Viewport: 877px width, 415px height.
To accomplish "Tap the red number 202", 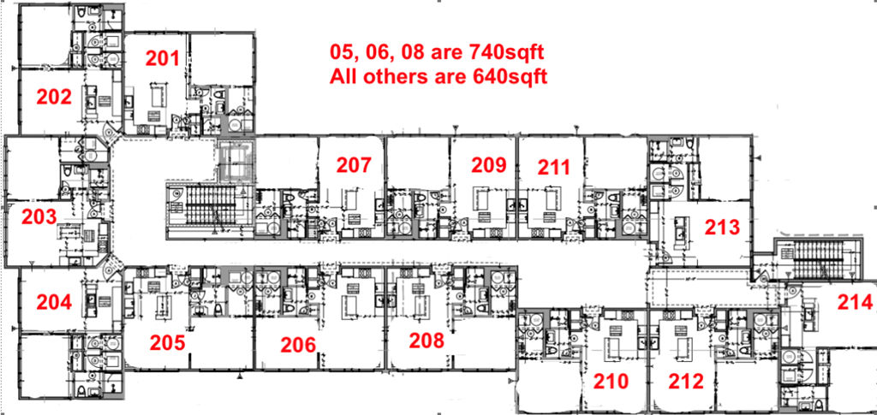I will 53,97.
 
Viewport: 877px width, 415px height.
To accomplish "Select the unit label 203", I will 39,216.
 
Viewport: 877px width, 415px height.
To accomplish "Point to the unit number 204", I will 53,301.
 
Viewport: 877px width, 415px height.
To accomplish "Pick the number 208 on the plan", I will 427,341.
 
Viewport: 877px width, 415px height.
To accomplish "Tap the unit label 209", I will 490,165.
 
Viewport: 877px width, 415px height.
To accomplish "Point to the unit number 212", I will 686,381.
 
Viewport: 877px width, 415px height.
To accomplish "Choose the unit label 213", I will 721,227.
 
